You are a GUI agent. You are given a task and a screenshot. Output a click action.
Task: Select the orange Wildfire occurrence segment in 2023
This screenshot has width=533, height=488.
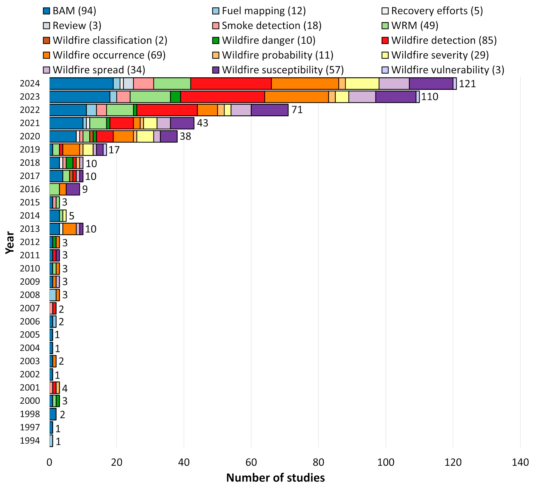click(297, 97)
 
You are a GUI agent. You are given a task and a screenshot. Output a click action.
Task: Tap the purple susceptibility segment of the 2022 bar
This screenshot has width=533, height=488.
click(270, 110)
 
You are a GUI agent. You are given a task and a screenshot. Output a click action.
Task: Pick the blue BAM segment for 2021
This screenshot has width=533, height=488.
click(66, 123)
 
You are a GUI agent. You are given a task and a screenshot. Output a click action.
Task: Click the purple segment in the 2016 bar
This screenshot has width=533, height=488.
click(73, 189)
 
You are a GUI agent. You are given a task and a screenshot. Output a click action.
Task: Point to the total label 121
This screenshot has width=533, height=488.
click(467, 84)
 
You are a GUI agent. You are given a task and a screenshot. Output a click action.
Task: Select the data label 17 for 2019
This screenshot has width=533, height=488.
click(114, 150)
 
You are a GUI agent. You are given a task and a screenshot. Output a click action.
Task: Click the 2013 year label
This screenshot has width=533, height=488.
click(30, 229)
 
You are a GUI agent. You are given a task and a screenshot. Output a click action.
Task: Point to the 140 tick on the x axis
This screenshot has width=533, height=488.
click(520, 462)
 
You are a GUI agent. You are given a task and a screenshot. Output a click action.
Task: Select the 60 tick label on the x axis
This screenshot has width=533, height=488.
click(251, 462)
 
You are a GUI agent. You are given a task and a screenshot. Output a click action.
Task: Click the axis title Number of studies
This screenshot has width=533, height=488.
click(275, 478)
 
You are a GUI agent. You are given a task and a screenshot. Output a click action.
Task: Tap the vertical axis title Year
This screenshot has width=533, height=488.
click(10, 243)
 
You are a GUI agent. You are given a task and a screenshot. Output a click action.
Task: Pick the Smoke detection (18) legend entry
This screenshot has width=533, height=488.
click(267, 26)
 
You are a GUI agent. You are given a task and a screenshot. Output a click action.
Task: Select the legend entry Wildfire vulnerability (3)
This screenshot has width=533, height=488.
click(443, 70)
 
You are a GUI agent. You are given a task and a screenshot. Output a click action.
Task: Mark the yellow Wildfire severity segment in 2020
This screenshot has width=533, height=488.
click(145, 136)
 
